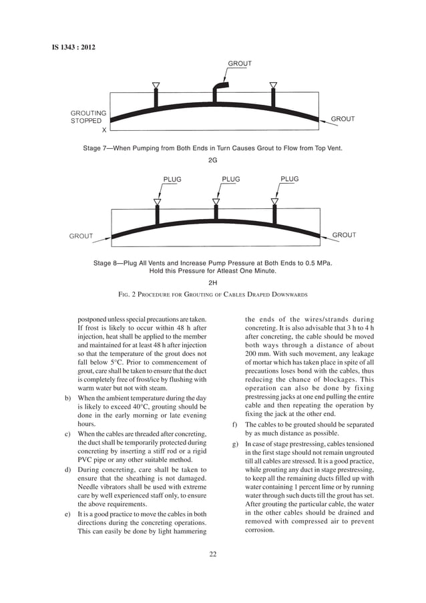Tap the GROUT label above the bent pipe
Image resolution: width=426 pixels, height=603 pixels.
(x=240, y=64)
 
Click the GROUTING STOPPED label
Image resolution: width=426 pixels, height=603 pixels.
(x=88, y=117)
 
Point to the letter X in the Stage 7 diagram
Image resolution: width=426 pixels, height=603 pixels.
(x=103, y=131)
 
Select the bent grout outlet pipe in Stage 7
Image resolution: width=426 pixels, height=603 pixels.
(x=219, y=89)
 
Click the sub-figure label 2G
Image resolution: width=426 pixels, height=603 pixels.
(x=213, y=160)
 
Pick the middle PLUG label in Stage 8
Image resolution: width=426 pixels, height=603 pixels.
(x=230, y=180)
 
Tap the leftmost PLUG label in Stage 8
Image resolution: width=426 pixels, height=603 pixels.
(x=172, y=180)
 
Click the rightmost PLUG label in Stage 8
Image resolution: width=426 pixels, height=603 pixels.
(x=289, y=179)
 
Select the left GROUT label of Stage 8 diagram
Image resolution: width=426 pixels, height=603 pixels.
(x=81, y=236)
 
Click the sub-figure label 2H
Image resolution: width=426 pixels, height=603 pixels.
(x=213, y=282)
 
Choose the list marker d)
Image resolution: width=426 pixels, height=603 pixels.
(x=68, y=470)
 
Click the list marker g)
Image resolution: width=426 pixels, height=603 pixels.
(x=234, y=444)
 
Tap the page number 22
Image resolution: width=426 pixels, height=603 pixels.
(x=213, y=553)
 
